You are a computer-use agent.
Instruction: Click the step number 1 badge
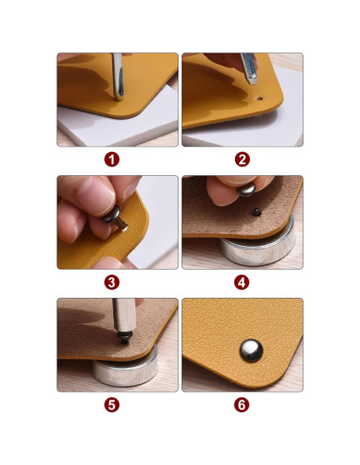112,159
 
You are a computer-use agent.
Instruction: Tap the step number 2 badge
242,159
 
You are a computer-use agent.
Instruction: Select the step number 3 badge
112,283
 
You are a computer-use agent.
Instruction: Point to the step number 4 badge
241,283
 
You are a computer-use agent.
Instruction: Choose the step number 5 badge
112,404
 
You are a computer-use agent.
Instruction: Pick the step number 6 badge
241,404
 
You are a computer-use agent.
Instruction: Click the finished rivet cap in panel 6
252,350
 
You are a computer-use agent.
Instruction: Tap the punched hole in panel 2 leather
260,98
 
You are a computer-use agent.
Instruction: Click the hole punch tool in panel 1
117,76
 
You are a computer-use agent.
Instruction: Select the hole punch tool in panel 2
249,68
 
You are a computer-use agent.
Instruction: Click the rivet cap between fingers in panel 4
246,190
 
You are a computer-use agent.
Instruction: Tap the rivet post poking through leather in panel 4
256,212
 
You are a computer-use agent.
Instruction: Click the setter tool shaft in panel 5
124,315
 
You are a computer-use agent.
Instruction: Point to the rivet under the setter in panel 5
124,338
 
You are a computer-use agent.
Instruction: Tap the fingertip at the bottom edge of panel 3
111,264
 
